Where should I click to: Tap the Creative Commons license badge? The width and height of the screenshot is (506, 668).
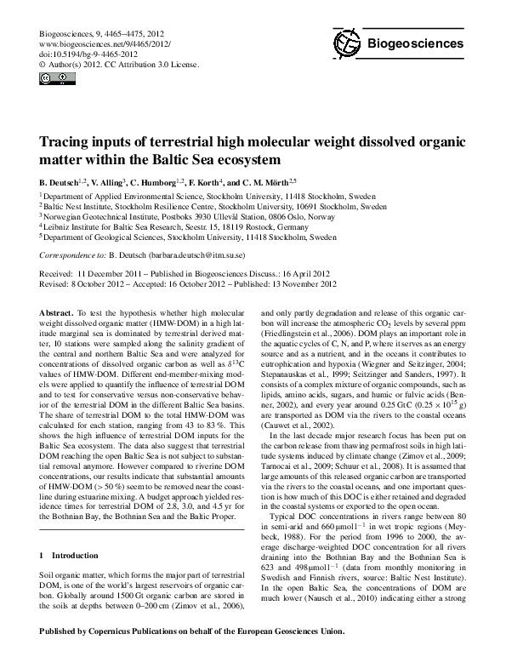pyautogui.click(x=50, y=80)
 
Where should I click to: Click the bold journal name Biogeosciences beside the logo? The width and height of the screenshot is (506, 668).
pyautogui.click(x=415, y=43)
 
